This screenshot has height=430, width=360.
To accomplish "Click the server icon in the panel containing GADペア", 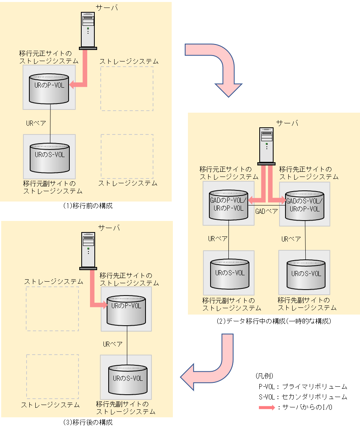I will point(266,146).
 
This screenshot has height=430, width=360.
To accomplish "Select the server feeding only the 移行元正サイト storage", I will point(88,30).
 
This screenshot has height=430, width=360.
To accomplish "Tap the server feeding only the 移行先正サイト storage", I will point(88,250).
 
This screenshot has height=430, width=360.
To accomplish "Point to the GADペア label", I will point(266,211).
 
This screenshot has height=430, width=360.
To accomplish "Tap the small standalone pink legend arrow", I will point(267,407).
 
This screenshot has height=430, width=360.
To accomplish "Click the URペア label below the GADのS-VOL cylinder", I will point(291,239).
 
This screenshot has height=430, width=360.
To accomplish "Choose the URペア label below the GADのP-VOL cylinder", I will point(218,239).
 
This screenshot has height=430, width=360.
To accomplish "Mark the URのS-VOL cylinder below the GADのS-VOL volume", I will point(305,274).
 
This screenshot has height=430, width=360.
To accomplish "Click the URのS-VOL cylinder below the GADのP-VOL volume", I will point(230,274).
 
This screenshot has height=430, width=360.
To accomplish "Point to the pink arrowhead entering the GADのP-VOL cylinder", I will point(251,201).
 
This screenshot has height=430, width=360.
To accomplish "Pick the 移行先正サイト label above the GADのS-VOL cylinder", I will point(305,169).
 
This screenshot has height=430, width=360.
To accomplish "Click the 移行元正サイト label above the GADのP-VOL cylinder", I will point(226,169).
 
